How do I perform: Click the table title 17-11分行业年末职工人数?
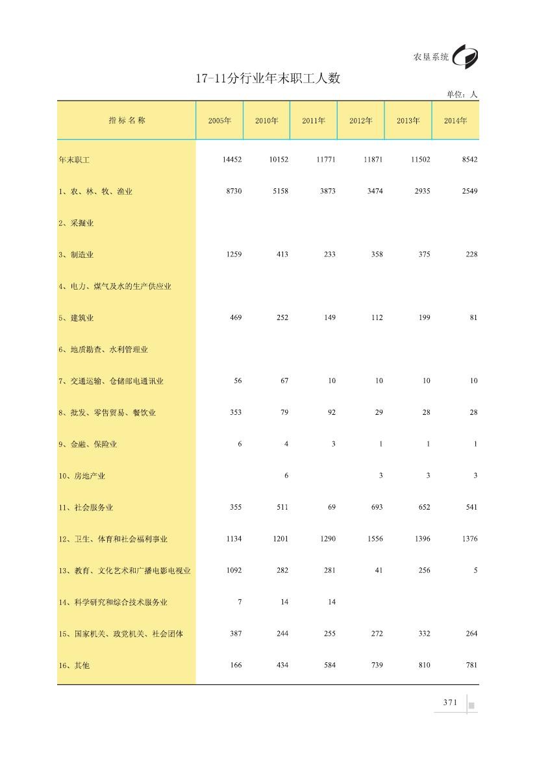[268, 79]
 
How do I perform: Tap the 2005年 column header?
[219, 121]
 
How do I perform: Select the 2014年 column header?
[455, 121]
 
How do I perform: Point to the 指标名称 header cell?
[127, 120]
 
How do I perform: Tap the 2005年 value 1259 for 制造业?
[233, 255]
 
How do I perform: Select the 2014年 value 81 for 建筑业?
[473, 317]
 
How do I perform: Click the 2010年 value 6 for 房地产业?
[286, 476]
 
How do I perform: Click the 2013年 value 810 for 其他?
[422, 666]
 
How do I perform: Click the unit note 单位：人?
[462, 95]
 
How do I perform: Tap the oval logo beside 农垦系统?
[466, 57]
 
